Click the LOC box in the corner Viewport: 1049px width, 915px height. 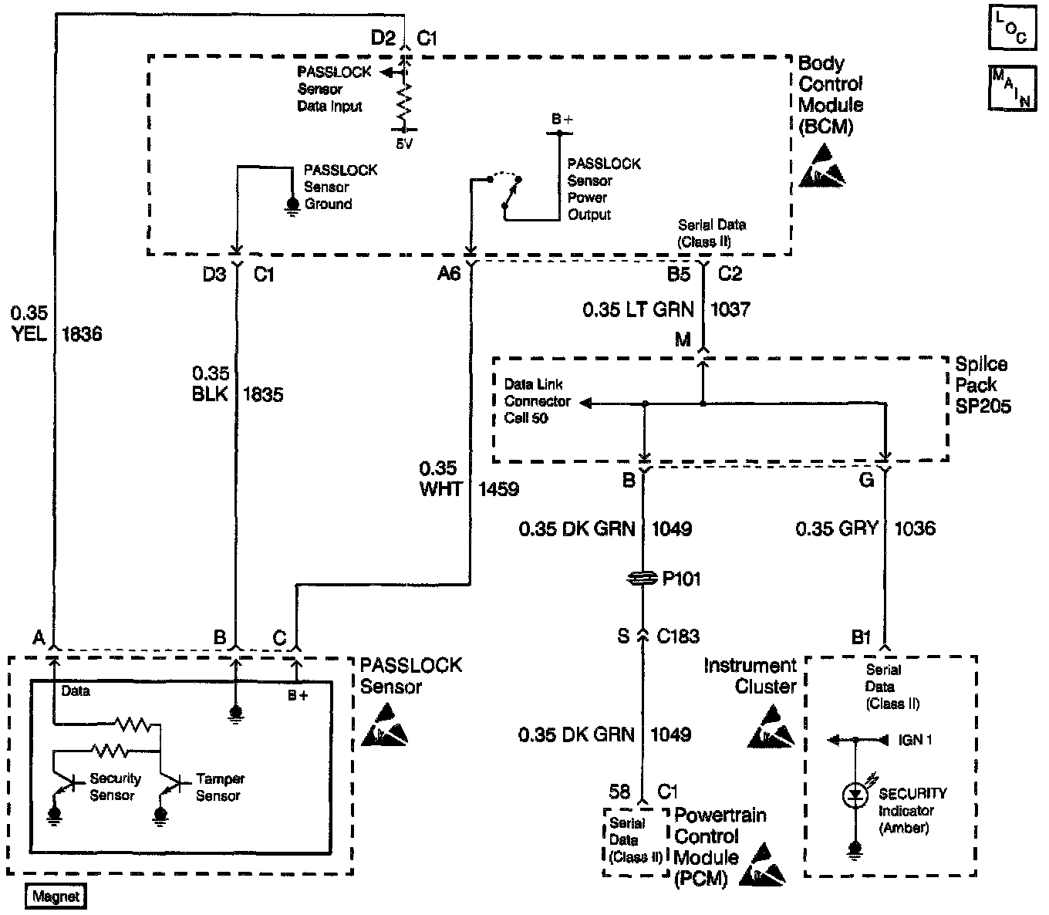[x=1010, y=29]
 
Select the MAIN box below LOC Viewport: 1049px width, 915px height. [x=1010, y=89]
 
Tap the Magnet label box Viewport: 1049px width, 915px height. [x=56, y=896]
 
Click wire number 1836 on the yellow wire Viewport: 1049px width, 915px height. [x=81, y=334]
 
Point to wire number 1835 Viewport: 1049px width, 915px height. [x=262, y=394]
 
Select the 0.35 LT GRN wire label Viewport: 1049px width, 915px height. [x=639, y=309]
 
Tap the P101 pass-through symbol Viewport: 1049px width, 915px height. [x=643, y=579]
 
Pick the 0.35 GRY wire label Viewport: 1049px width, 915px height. [x=836, y=528]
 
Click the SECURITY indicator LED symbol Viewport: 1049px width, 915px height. [x=854, y=795]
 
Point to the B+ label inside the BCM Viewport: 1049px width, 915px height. [x=562, y=120]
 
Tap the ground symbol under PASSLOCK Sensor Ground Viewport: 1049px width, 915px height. [x=292, y=204]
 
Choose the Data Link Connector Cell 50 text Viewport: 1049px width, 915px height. [x=537, y=401]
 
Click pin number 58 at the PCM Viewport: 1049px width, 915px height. [x=619, y=792]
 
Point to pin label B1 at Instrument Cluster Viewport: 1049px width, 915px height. [x=862, y=637]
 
